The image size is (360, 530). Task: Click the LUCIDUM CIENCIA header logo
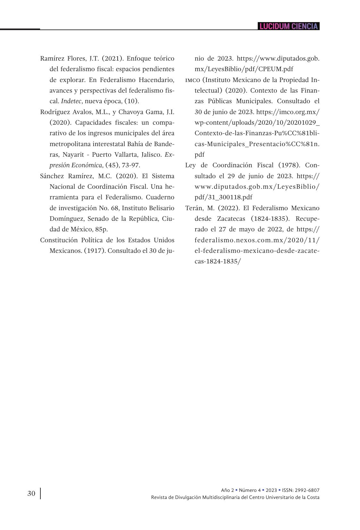289,26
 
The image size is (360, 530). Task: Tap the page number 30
31,493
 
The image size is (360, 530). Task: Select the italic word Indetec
71,101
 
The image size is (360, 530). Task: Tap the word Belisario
162,208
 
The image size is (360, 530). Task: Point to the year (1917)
95,251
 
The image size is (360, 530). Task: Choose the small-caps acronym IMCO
193,80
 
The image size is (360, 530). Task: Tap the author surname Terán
194,208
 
